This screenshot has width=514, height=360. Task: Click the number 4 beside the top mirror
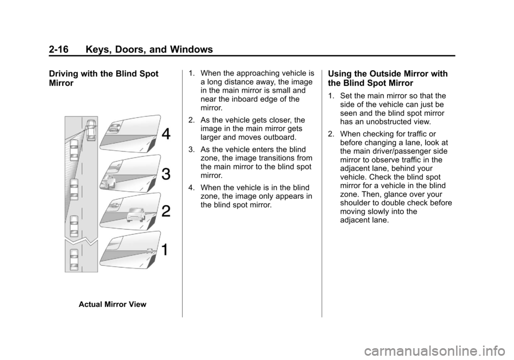(x=166, y=134)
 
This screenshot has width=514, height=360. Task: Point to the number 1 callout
(x=166, y=249)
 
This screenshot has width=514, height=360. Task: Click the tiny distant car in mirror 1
(x=150, y=250)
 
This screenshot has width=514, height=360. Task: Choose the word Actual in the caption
(x=91, y=304)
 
